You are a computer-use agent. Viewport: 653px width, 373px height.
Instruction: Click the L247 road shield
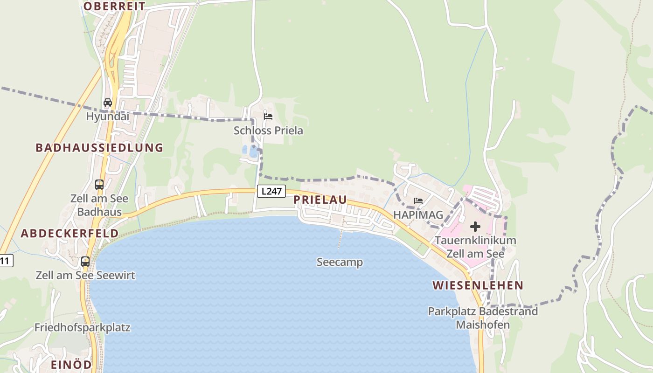click(271, 191)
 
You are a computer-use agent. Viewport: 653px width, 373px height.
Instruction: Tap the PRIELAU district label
click(320, 200)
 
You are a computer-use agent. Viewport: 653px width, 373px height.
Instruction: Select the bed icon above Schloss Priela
click(268, 117)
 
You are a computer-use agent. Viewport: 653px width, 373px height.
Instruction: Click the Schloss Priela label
click(268, 131)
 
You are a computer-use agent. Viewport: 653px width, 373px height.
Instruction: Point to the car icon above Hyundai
click(107, 102)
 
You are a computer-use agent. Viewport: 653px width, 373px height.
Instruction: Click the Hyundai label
click(107, 116)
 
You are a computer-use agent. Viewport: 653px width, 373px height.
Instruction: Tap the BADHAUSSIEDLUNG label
click(99, 148)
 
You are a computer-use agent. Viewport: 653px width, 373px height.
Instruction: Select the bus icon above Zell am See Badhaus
click(99, 184)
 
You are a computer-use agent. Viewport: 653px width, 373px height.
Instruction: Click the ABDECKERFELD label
click(69, 233)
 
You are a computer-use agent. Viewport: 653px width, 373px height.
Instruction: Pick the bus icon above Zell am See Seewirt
click(85, 262)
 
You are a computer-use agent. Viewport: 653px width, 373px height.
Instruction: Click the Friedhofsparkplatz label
click(82, 328)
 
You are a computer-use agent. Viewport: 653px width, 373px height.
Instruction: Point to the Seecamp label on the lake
click(340, 262)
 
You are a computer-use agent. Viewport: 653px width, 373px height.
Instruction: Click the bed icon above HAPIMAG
click(418, 201)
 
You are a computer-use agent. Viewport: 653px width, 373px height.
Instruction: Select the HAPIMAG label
click(417, 214)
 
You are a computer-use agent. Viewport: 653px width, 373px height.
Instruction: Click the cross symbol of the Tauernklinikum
click(475, 227)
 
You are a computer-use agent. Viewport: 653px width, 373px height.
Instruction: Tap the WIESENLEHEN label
click(478, 285)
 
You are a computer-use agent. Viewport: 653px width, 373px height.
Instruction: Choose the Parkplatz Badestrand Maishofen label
click(483, 318)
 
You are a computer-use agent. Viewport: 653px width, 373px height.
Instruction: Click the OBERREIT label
click(114, 6)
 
